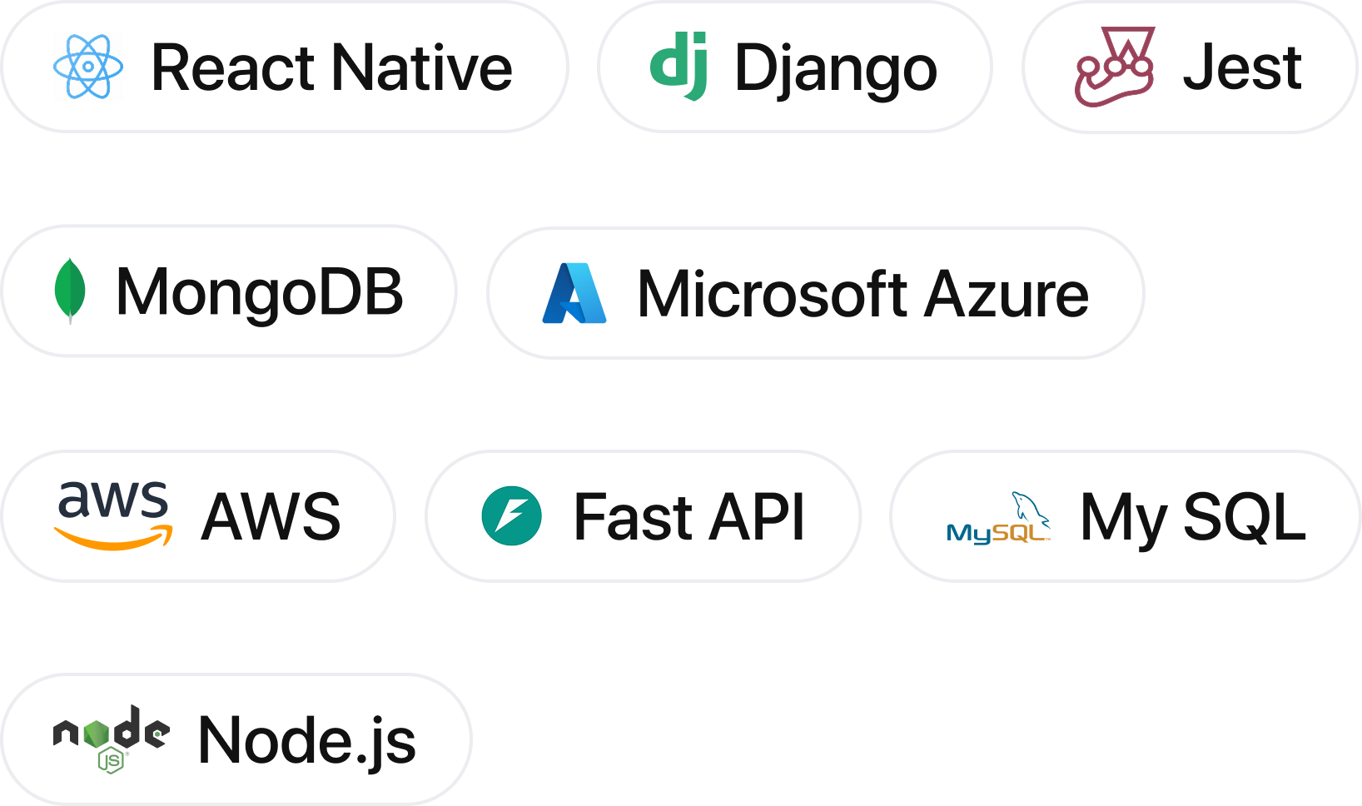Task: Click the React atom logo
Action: (88, 67)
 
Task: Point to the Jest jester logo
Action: (1114, 67)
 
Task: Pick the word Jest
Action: (1242, 67)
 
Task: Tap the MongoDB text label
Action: (259, 292)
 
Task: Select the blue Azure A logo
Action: (574, 293)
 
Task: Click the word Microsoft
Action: (772, 294)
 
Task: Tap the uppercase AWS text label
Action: (271, 517)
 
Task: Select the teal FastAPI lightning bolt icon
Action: (511, 516)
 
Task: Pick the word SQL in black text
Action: (1244, 517)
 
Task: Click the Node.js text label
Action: (306, 740)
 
